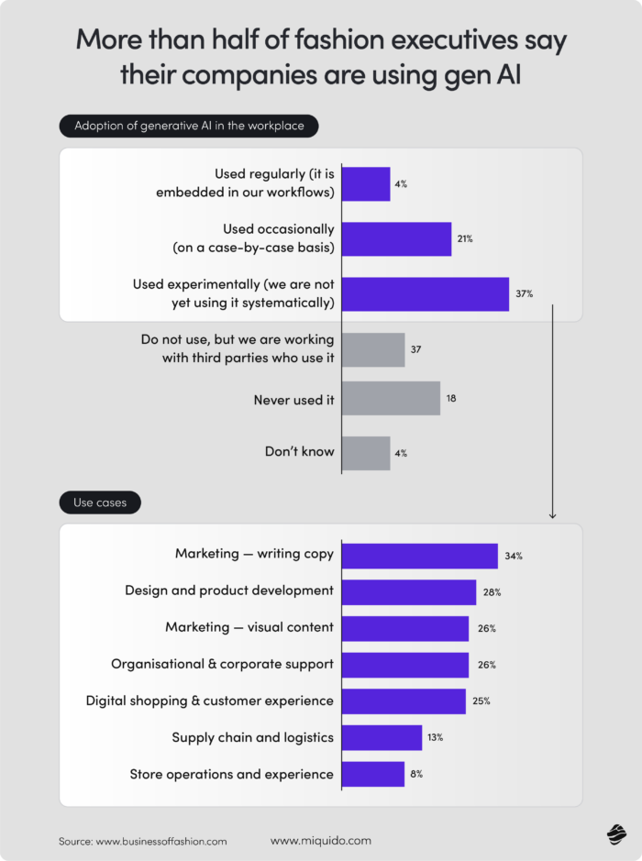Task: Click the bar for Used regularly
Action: click(366, 183)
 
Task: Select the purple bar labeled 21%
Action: click(396, 238)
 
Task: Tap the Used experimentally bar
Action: click(425, 293)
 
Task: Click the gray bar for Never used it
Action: click(391, 399)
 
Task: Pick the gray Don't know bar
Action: click(366, 453)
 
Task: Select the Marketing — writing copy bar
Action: click(419, 556)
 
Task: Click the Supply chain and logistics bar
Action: click(382, 737)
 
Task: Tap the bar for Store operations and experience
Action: click(373, 774)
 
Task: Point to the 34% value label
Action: click(513, 556)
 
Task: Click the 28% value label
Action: click(492, 592)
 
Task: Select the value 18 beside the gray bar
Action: click(451, 399)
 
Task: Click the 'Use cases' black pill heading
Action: click(100, 502)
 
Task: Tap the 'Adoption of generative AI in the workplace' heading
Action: click(189, 126)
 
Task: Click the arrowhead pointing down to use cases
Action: click(552, 514)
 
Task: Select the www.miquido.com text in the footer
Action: click(321, 840)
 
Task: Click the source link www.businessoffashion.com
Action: click(161, 841)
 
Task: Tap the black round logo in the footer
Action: click(615, 833)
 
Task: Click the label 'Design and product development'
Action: click(229, 591)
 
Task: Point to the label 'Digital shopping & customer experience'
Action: click(210, 701)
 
